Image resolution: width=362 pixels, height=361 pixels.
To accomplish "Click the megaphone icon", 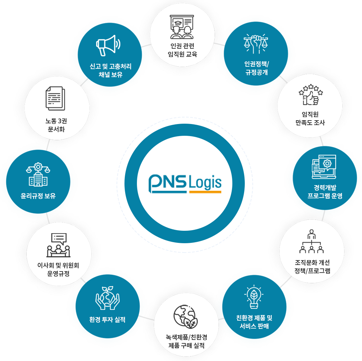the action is pos(108,46).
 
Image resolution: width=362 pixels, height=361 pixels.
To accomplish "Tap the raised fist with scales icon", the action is pos(256,44).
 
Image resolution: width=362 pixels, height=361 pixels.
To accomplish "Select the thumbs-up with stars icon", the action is pos(310,95).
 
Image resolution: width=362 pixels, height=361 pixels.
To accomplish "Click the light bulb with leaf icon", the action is pos(254,297).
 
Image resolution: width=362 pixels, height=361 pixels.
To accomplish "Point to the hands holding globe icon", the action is pos(107,298).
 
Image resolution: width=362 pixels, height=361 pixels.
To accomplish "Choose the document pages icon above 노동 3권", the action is pos(55,98).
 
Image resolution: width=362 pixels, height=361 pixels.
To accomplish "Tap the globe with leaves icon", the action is pos(185,316).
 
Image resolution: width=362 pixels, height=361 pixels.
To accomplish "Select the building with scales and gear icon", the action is pos(38,174).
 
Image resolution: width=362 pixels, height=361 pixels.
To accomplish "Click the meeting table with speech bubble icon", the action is pos(58,245).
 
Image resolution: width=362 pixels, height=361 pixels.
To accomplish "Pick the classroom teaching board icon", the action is pos(182,27).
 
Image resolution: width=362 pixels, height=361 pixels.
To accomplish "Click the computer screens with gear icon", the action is pos(324,167).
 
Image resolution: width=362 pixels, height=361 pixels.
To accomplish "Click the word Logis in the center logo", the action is pos(205,183).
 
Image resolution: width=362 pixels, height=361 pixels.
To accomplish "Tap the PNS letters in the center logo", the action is pos(168,182).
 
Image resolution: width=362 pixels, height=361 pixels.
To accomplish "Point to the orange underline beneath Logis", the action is pos(205,192).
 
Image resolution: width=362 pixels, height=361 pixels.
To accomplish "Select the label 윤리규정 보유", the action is pos(38,196).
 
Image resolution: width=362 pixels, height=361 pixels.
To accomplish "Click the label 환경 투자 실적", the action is pos(107,320).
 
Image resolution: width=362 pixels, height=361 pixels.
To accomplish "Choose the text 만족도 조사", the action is pos(310,123).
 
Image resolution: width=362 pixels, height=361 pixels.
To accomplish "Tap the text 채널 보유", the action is pos(110,75).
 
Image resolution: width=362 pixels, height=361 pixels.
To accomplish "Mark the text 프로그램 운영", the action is pos(325,196).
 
